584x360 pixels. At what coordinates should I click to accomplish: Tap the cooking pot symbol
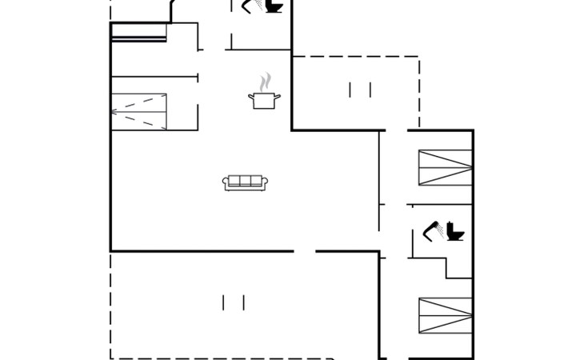click(266, 101)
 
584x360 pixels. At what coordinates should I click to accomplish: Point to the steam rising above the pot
click(266, 82)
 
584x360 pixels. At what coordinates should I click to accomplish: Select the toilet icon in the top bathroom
click(274, 6)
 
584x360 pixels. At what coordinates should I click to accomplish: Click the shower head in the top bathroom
click(250, 4)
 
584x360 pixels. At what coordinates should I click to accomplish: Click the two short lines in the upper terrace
click(360, 90)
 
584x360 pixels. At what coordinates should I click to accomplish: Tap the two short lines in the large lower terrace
click(234, 302)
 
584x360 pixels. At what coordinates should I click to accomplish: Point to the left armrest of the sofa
click(225, 184)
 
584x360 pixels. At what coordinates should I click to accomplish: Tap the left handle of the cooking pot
click(251, 98)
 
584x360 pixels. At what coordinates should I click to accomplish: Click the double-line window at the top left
click(138, 32)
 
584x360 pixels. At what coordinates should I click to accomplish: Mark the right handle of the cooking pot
click(280, 98)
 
